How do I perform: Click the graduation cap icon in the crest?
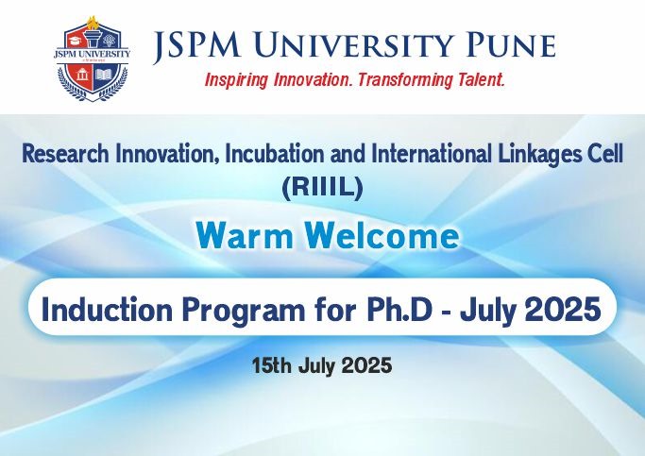[x=76, y=41]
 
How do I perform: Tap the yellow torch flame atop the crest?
[x=93, y=22]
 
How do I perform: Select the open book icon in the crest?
[x=104, y=75]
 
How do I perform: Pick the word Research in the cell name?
[x=66, y=154]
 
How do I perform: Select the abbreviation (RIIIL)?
[x=322, y=187]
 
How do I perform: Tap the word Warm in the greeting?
[x=245, y=236]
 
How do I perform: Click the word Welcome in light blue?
[x=383, y=236]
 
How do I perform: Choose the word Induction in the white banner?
[x=107, y=310]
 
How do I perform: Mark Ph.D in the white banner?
[x=399, y=310]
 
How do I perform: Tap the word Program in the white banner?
[x=244, y=312]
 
